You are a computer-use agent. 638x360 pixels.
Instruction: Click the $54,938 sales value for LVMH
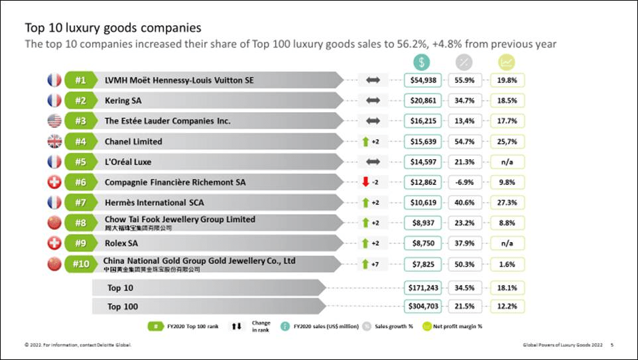pos(422,80)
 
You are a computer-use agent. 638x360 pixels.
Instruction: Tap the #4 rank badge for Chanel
pos(80,141)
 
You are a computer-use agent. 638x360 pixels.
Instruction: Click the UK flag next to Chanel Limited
pos(54,141)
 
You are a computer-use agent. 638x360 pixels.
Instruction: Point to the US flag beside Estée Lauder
pos(54,121)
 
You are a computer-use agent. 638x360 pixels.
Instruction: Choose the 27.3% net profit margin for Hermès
pos(507,202)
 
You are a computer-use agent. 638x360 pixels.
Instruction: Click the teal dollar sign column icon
pos(421,62)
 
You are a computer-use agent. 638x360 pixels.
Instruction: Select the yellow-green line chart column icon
pos(507,62)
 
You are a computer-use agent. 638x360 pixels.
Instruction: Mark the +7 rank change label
pos(375,264)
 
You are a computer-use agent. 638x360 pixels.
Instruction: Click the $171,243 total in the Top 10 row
pos(422,288)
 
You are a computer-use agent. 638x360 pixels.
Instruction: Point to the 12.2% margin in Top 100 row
pos(507,306)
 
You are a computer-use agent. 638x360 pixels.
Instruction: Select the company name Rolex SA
pos(121,243)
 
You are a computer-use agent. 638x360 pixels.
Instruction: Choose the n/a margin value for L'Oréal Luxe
pos(507,162)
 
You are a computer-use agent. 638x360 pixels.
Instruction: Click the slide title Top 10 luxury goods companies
pos(113,29)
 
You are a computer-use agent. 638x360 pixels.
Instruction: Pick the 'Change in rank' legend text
pos(261,326)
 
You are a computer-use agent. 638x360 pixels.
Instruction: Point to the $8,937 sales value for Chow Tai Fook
pos(422,223)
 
